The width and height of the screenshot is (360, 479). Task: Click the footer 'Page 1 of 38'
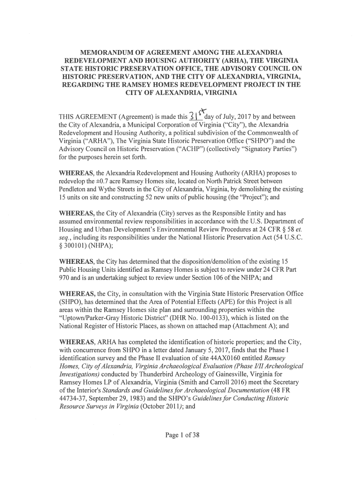click(182, 435)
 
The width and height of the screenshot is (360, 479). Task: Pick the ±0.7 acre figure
click(107, 181)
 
